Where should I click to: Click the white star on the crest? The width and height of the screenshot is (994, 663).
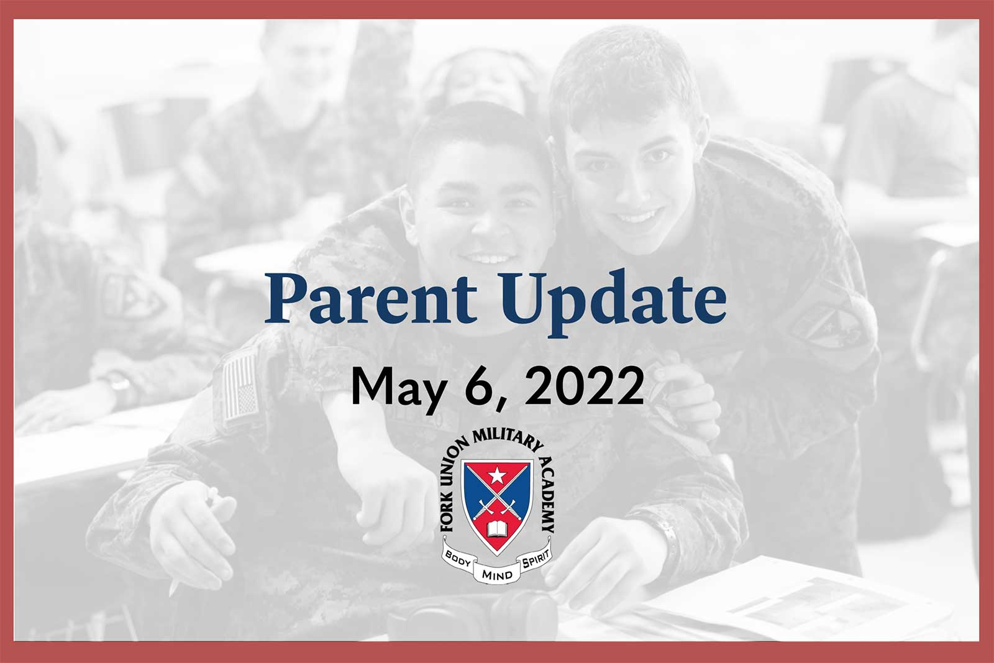point(496,476)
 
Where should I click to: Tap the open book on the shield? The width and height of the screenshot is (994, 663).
point(497,529)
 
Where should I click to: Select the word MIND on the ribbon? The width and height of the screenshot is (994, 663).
point(497,575)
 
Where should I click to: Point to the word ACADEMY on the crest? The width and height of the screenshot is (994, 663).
point(547,493)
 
